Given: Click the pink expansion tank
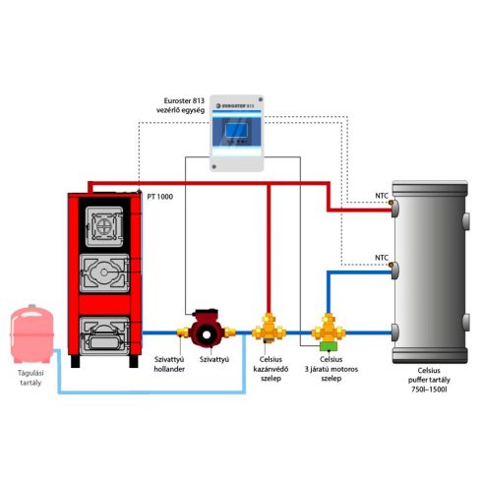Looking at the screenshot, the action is point(31,333).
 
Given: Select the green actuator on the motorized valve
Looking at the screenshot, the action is point(329,346).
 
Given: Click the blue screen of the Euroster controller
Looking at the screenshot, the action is point(236,130).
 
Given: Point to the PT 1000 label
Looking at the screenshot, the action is point(159,197).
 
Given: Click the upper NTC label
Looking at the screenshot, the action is point(382,196).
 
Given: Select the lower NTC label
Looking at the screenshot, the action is point(382,258).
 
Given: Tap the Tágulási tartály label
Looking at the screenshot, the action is point(30,378).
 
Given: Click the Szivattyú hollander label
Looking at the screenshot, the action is point(169,364).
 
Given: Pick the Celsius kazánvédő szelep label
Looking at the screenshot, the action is point(271,369).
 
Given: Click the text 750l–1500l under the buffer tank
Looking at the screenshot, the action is point(429,390).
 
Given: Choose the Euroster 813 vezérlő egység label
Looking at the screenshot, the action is point(180,105).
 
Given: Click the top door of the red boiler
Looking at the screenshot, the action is point(104,226).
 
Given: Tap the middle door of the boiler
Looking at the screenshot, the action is point(104,272).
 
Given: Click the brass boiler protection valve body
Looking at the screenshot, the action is point(269,329).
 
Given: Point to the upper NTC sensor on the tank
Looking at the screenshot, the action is point(391,203).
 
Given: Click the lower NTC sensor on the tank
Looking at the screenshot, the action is point(391,265).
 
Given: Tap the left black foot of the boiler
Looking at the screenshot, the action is point(76,361).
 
